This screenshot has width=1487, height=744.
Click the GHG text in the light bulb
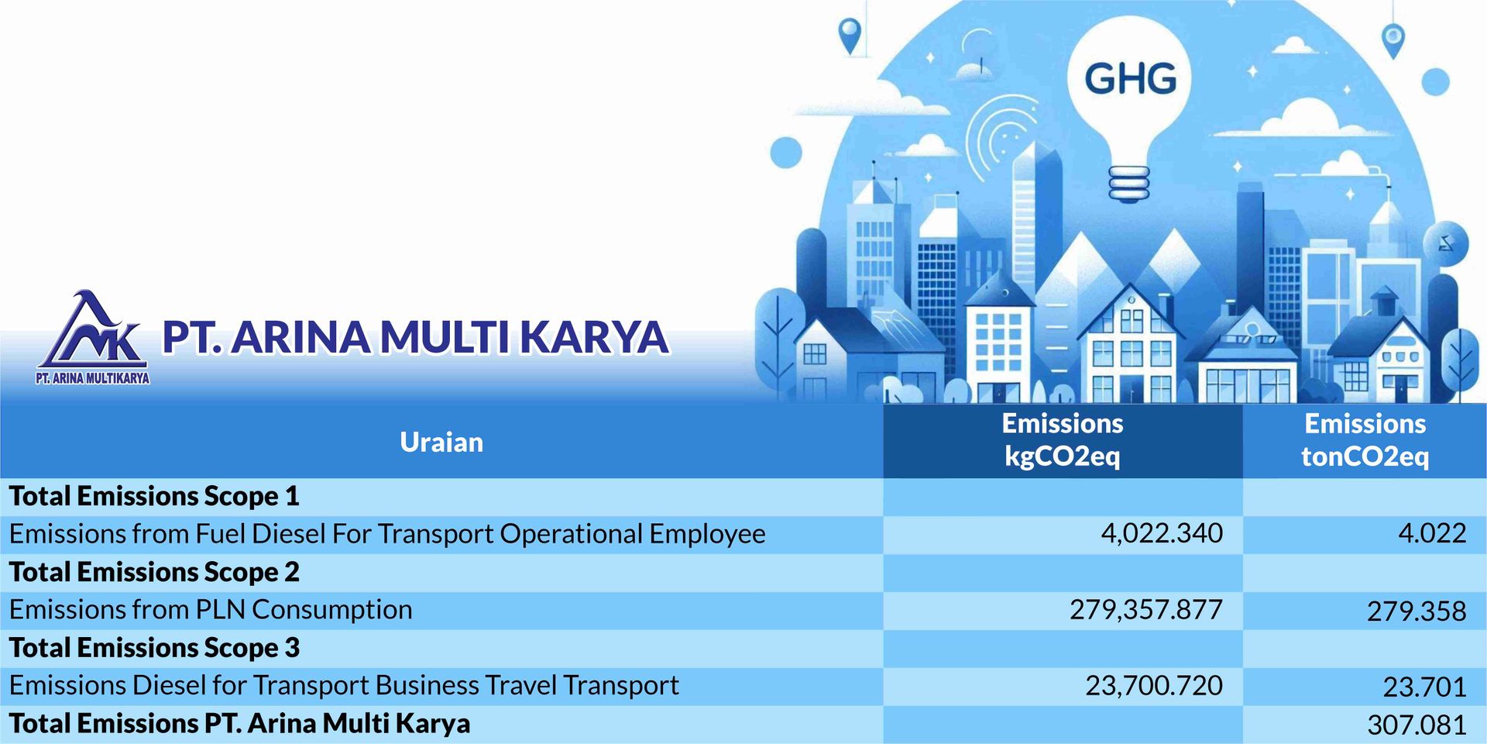coord(1130,79)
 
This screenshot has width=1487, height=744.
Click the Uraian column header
coord(441,442)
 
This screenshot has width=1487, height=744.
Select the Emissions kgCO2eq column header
coord(1062,439)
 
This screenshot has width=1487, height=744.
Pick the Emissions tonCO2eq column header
coord(1365,439)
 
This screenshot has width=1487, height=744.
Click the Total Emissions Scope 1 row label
coord(154,496)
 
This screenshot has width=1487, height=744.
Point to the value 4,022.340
coord(1162,533)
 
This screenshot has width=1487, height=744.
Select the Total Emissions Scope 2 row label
coord(154,572)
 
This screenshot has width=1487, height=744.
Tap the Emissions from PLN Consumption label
coord(211,610)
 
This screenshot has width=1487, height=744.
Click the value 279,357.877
coord(1146,610)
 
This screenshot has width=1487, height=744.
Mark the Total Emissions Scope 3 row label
coord(154,648)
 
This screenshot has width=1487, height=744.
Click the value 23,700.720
coord(1154,686)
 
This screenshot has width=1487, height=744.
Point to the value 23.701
coord(1424,687)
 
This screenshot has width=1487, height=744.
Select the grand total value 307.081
coord(1417,725)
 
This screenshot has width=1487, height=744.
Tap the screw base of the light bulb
coord(1129,184)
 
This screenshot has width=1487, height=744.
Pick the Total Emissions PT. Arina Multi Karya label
coord(239,724)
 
